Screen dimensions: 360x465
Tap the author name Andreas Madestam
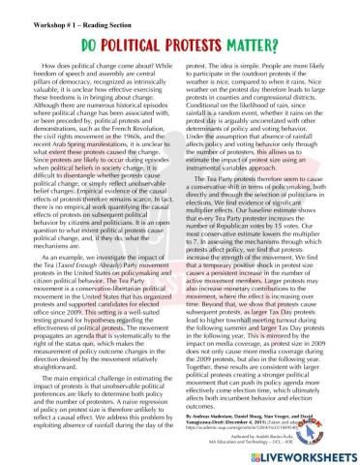click(x=218, y=411)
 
